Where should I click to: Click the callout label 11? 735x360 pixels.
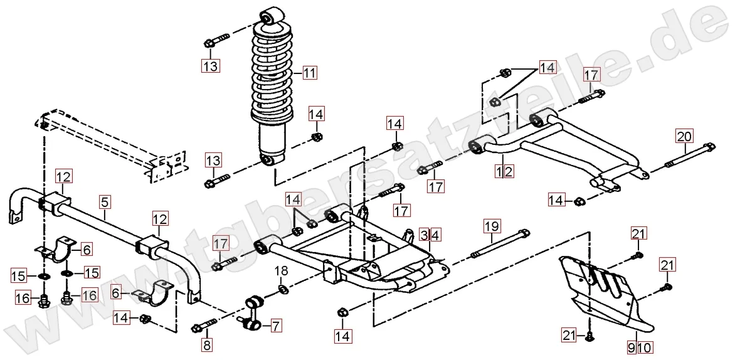[x=309, y=73]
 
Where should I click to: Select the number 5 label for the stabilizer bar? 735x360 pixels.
[x=104, y=202]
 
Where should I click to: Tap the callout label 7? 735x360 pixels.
[x=277, y=325]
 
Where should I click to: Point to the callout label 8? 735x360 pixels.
[x=206, y=344]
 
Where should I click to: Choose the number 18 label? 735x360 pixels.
[x=282, y=271]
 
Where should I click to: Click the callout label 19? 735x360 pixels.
[x=491, y=225]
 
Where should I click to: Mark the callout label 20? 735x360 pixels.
[x=684, y=135]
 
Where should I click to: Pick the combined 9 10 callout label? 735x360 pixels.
[x=640, y=346]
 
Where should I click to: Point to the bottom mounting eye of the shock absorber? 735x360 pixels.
[x=268, y=161]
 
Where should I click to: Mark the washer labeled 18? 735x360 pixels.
[x=283, y=289]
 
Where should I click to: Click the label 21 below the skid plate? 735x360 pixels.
[x=568, y=336]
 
